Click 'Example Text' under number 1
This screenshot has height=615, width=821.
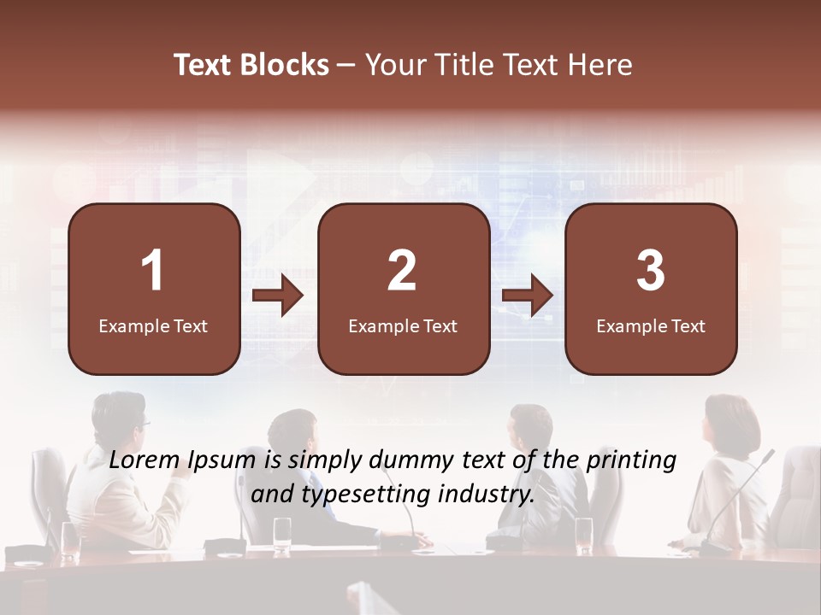[153, 326]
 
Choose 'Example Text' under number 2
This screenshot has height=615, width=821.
[403, 326]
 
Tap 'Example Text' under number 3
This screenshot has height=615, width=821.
[651, 326]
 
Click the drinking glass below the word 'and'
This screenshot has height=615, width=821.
[282, 531]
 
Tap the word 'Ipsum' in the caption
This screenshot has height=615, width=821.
[223, 461]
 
